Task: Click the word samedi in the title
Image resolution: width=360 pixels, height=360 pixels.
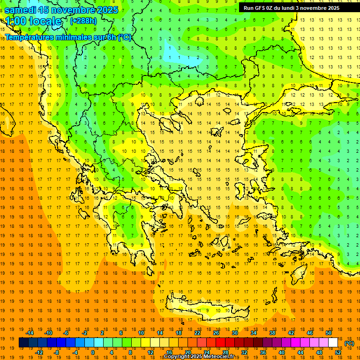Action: coord(21,10)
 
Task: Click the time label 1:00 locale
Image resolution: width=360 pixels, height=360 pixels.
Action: coord(33,21)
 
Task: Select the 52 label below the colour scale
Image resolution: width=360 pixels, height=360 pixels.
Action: coord(338,352)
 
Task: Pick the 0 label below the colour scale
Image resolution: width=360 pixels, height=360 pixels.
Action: coord(93,352)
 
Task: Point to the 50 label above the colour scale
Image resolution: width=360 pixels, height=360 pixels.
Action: coord(328,333)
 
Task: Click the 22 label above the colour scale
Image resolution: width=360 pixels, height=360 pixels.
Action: coord(197,333)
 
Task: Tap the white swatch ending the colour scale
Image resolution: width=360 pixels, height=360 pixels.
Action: coord(333,343)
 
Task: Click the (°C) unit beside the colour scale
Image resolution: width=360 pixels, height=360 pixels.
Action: coord(349,343)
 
